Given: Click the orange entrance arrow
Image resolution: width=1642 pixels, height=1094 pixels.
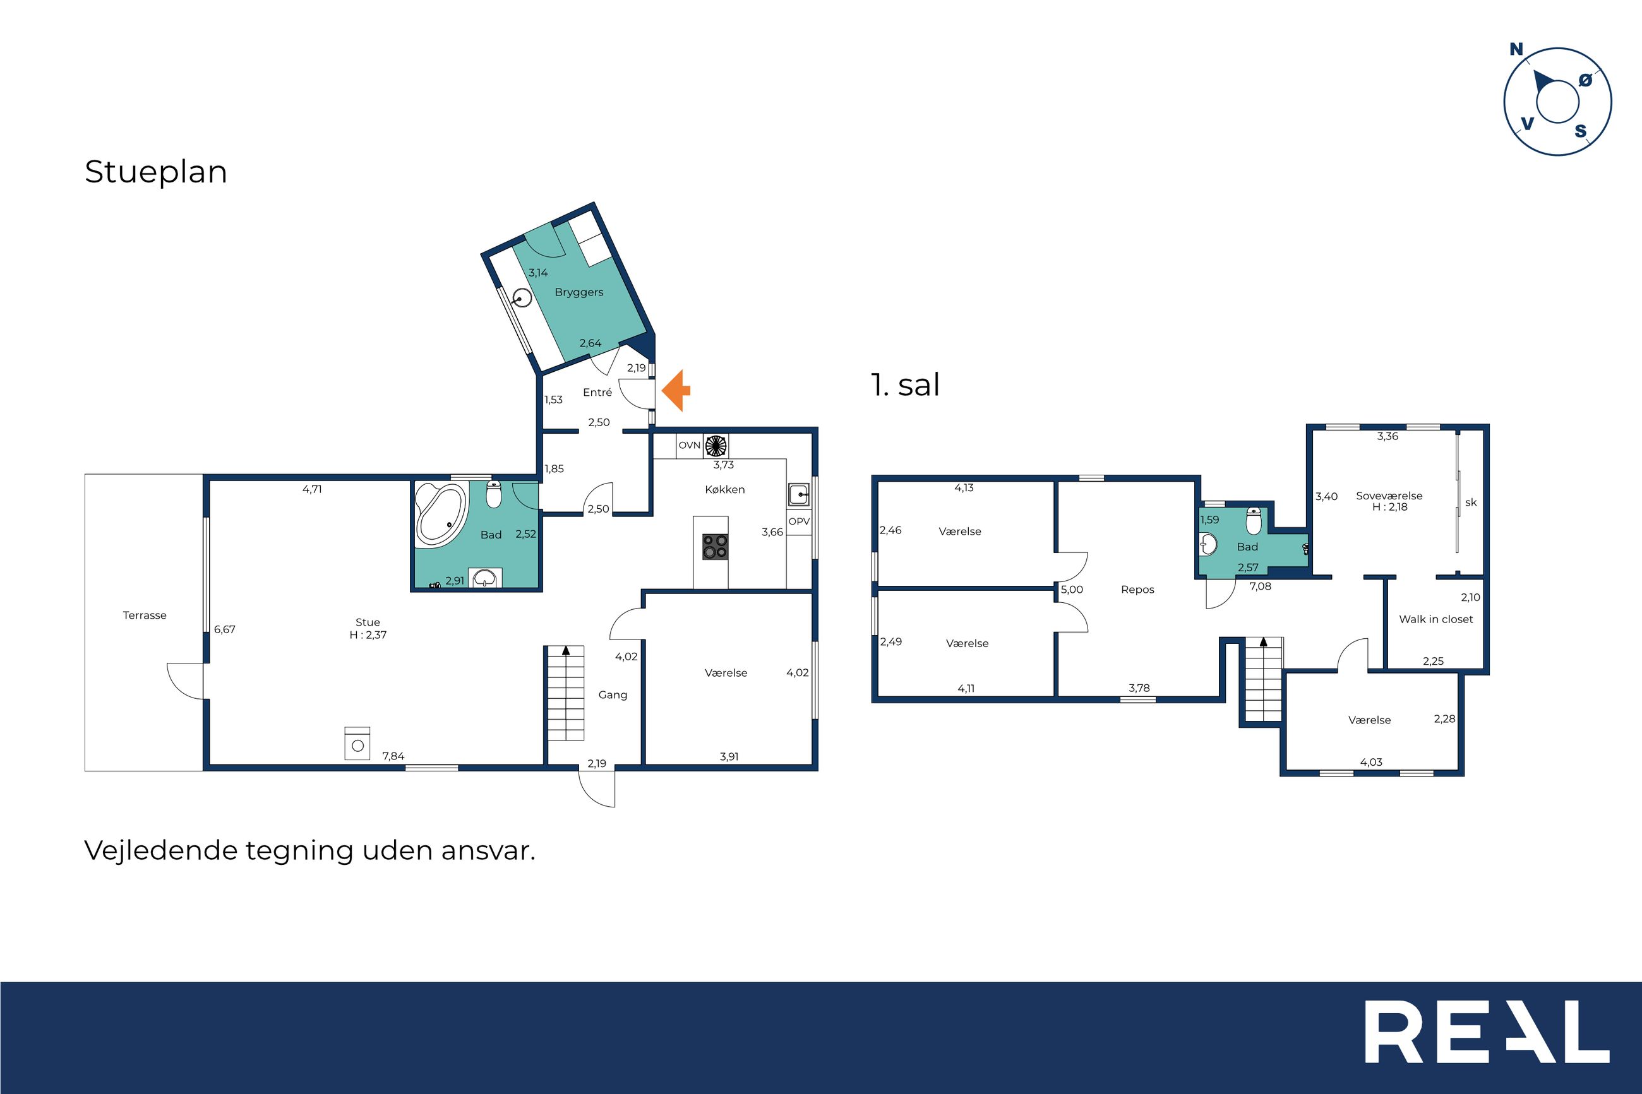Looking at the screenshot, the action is (676, 391).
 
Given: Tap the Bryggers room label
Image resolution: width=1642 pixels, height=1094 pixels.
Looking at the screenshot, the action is (578, 292).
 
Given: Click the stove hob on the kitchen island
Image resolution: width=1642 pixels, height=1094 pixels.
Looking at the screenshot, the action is (714, 546).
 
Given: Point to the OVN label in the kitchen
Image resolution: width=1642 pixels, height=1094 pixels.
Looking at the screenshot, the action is (689, 445).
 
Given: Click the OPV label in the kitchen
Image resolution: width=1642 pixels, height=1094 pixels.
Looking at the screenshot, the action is (799, 521).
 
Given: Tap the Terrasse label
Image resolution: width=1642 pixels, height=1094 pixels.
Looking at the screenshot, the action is (145, 615).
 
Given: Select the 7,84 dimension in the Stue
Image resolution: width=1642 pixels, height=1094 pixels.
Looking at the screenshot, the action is (393, 756).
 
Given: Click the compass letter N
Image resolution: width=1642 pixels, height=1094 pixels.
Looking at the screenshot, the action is (1516, 49).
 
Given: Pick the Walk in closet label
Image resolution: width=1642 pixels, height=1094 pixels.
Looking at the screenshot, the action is (1435, 619).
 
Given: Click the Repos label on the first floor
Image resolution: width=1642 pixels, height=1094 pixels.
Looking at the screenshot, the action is (1137, 590).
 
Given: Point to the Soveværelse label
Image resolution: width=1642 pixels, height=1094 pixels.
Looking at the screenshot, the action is (1389, 496).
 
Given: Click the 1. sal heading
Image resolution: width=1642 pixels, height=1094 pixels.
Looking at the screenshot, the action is (905, 384).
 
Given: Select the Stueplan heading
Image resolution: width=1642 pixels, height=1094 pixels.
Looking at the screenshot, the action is (155, 172).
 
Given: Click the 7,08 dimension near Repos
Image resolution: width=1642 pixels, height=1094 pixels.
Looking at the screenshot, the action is (1261, 586).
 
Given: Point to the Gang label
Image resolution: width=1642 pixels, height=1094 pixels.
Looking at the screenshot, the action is (613, 695).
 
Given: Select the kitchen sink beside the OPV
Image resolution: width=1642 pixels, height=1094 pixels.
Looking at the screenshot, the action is (799, 495).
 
